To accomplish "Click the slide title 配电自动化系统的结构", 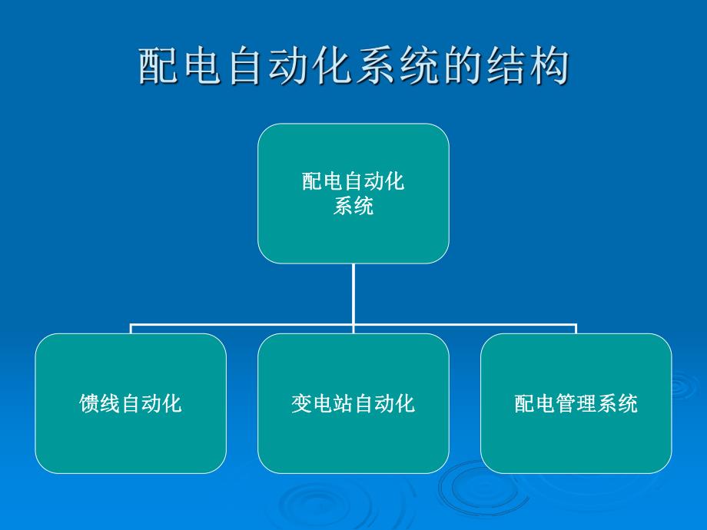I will coord(353,67).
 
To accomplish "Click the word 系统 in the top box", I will coord(353,206).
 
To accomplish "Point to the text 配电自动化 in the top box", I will coord(353,182).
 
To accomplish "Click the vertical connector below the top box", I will coord(353,296).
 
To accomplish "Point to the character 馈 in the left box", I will coord(89,403).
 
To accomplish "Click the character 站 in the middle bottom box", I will coord(332,403).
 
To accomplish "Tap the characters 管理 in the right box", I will coord(576,403).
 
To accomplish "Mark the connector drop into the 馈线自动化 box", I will coord(131,330).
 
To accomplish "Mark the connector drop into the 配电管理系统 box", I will coord(576,330).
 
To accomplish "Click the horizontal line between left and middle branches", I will coord(242,326).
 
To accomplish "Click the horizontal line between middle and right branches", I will coord(465,326).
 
